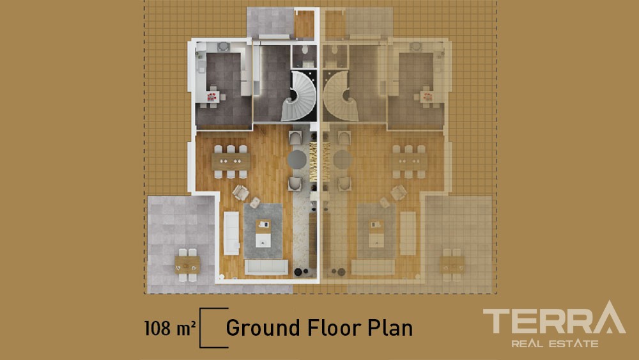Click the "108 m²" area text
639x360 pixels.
coord(170,328)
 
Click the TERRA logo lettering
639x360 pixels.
coord(554,318)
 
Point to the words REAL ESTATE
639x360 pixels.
coord(555,343)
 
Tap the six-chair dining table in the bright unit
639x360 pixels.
coord(231,161)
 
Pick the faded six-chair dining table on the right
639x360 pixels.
coord(409,161)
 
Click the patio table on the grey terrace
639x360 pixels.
coord(187,265)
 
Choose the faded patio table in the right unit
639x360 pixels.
coord(452,265)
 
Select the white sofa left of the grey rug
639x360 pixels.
coord(231,233)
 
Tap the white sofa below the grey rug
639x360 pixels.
coord(266,267)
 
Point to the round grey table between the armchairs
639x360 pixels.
coord(296,159)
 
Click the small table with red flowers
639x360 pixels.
coord(212,97)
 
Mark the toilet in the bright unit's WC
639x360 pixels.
coord(305,50)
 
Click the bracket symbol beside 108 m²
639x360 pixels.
coord(213,328)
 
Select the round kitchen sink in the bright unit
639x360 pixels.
coord(223,47)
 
